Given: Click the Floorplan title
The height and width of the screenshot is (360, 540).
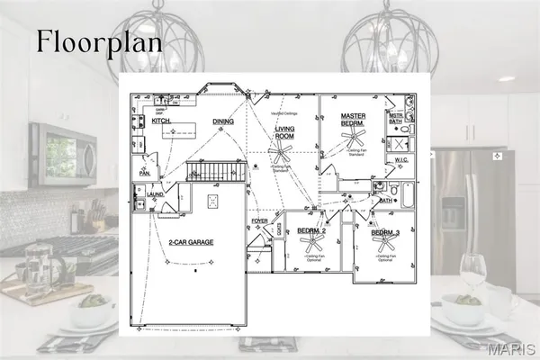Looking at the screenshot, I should click(x=99, y=41).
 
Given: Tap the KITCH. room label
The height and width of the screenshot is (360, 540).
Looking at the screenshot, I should click(x=161, y=121).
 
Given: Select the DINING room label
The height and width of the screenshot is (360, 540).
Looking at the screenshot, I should click(x=223, y=121).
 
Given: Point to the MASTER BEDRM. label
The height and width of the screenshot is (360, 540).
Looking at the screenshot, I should click(x=356, y=121).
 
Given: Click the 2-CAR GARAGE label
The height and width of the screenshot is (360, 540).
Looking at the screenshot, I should click(x=189, y=242).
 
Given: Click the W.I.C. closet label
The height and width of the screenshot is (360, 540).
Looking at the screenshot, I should click(x=402, y=160).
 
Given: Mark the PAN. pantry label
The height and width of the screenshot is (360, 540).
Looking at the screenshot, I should click(x=144, y=171).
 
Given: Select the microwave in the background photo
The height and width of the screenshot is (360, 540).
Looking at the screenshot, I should click(x=62, y=152).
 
